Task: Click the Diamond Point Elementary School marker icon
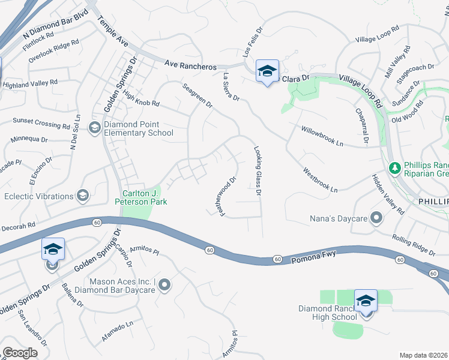[94, 127]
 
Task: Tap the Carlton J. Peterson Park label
[145, 197]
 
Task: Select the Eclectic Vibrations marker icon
[82, 195]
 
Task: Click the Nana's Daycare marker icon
[376, 217]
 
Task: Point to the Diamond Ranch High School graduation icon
[365, 301]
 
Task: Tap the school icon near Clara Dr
[267, 71]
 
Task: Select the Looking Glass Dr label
[258, 172]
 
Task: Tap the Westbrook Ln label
[321, 179]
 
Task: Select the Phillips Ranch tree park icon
[395, 168]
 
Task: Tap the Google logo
[20, 353]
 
